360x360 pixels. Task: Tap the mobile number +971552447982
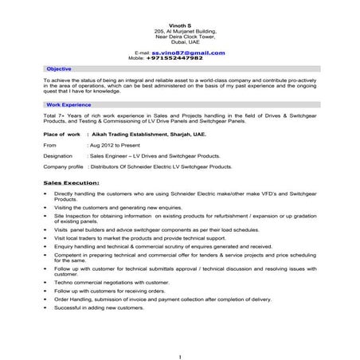(174, 58)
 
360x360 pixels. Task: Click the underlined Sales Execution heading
(72, 182)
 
